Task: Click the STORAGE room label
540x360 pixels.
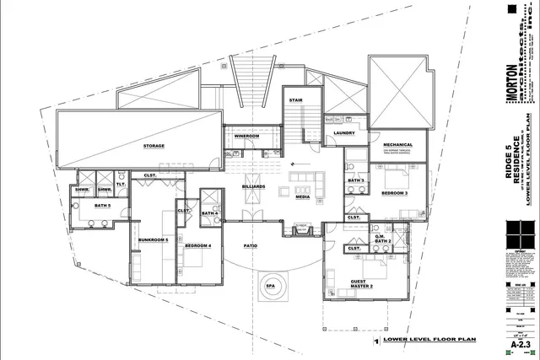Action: click(154, 146)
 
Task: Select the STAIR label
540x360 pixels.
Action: click(272, 99)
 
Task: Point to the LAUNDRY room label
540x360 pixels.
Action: click(343, 132)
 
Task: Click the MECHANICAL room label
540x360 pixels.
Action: click(397, 144)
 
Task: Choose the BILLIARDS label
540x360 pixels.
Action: click(253, 186)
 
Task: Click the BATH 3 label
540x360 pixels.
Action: click(356, 180)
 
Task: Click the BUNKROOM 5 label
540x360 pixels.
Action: click(154, 240)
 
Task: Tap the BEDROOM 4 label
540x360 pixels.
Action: click(197, 245)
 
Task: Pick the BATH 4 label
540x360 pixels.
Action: click(210, 213)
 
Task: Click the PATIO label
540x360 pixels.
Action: click(251, 246)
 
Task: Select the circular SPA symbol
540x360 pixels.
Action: click(271, 285)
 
